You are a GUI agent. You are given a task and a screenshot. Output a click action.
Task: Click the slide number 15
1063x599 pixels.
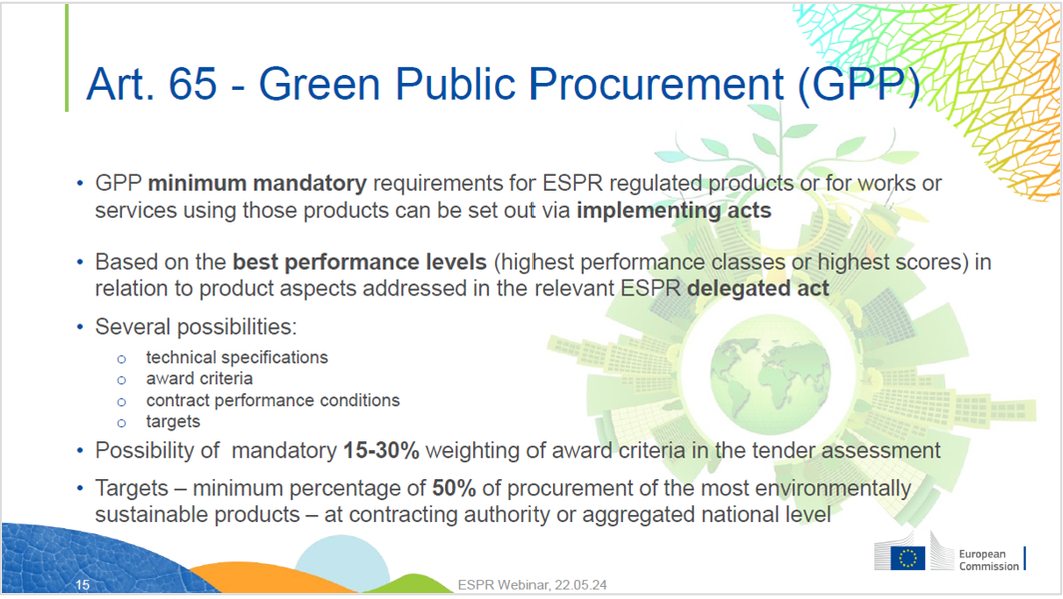83,585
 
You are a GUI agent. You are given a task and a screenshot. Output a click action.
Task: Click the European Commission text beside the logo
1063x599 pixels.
988,560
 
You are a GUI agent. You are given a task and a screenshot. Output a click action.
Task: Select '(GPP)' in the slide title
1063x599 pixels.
856,85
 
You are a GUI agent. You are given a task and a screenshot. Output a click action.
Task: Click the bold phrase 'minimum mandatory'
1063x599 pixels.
258,184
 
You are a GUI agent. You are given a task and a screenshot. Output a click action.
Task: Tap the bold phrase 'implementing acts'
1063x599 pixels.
674,210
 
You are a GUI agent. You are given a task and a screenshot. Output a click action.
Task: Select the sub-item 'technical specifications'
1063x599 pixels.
237,357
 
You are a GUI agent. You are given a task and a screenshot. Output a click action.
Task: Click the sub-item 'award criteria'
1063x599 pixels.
199,378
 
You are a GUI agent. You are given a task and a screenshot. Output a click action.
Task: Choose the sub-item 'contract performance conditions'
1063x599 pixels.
272,400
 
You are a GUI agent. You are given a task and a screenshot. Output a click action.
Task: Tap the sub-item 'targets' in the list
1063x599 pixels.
173,421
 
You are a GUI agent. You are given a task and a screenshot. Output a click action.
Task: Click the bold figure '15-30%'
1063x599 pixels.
381,450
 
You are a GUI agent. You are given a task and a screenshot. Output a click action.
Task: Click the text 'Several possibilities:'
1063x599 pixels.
196,327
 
